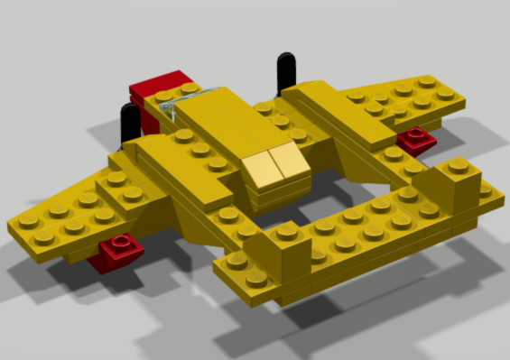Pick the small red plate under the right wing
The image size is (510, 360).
click(416, 140)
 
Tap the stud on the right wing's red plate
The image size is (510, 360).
click(417, 134)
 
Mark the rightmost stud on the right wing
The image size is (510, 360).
click(445, 92)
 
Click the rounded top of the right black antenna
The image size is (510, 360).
click(286, 59)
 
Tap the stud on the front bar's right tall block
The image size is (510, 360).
click(458, 165)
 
